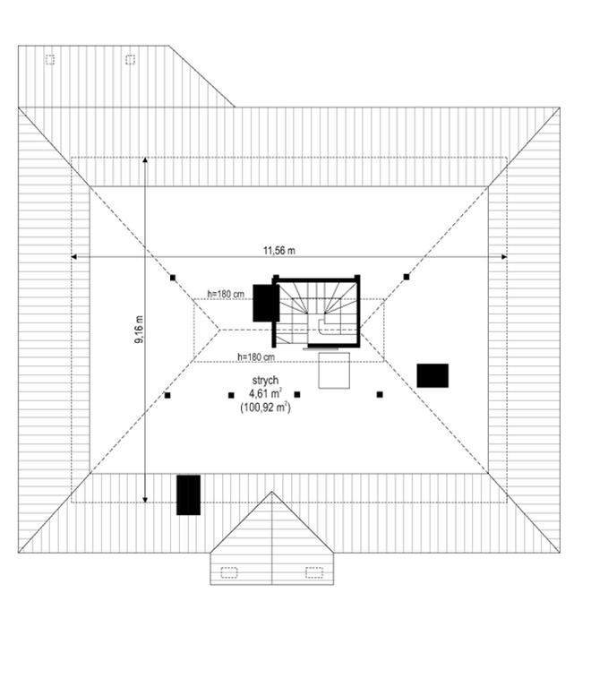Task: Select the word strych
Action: pos(265,381)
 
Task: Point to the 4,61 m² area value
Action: pos(266,393)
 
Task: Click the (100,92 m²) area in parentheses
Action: pos(265,407)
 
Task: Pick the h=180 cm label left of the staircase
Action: pos(226,294)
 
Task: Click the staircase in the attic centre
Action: pos(316,312)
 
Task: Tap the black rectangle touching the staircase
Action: pos(263,303)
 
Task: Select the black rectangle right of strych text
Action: pos(433,375)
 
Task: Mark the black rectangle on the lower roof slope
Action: pos(188,494)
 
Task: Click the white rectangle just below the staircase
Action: pos(334,371)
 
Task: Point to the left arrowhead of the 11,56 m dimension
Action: pos(73,257)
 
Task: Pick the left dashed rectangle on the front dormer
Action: pos(228,571)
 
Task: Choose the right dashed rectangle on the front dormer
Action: pos(313,571)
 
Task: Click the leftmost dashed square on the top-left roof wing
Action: pos(50,60)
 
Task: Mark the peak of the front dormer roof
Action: pos(272,493)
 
